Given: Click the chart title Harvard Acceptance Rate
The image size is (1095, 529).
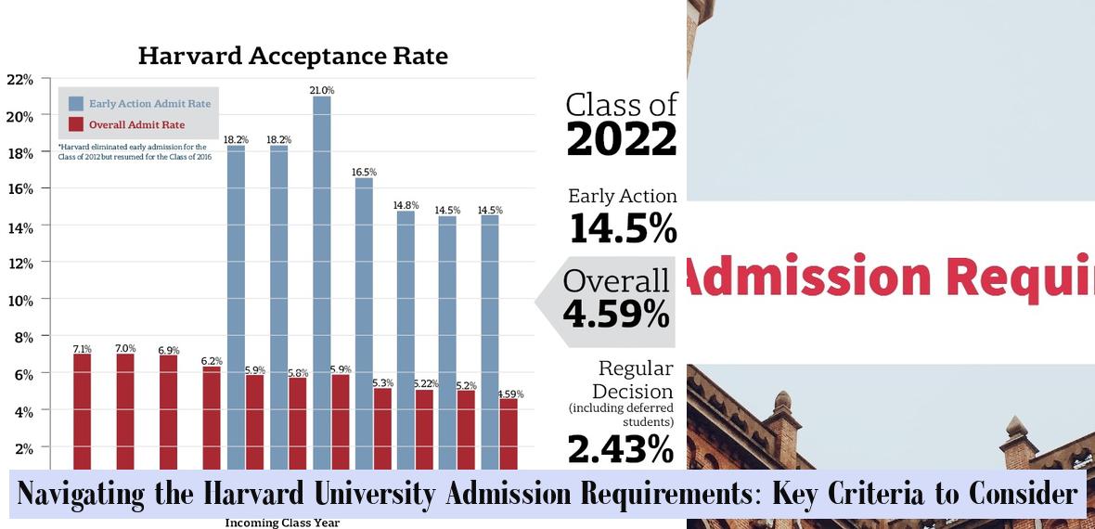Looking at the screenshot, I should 292,56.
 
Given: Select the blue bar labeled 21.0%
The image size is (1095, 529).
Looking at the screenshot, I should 321,278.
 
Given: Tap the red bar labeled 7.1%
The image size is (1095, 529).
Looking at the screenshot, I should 83,408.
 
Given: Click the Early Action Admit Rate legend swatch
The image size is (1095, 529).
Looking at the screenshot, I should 75,104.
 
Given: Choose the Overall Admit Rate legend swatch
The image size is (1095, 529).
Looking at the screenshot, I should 75,124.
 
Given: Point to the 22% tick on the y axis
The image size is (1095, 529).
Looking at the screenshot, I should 19,80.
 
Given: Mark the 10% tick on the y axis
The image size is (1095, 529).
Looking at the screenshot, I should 19,300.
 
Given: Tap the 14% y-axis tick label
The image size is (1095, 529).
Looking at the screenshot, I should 19,226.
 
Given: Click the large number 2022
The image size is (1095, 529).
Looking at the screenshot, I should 622,140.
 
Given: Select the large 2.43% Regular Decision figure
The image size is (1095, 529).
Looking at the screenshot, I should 620,449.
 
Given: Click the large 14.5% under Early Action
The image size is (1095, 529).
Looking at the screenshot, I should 623,228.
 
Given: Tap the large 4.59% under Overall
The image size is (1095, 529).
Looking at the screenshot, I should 616,314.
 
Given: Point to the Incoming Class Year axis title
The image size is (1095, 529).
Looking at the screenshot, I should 282,523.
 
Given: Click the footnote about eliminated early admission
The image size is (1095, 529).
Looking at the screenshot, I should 135,151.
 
